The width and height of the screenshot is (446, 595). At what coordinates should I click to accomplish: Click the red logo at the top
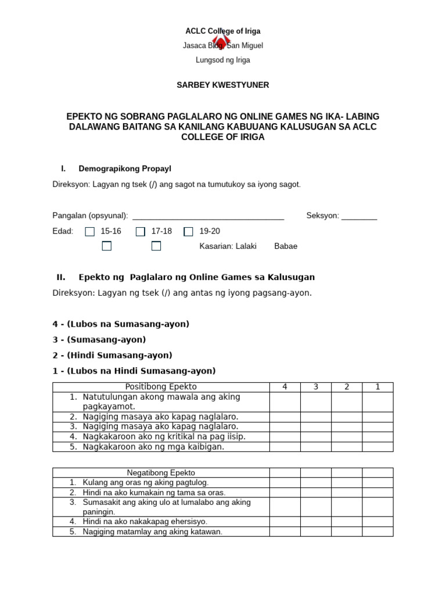tap(221, 37)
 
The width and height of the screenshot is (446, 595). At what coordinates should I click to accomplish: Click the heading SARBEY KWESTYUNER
tap(222, 85)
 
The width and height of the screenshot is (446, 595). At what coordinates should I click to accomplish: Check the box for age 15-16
tap(89, 232)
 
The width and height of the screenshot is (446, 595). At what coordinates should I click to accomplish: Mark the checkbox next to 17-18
tap(140, 232)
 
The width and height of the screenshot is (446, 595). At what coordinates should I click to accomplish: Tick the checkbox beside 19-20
tap(188, 232)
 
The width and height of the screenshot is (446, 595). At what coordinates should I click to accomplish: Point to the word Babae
tap(285, 246)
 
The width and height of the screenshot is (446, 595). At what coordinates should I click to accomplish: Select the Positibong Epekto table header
tap(161, 387)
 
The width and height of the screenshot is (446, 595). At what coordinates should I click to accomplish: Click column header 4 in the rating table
tap(285, 387)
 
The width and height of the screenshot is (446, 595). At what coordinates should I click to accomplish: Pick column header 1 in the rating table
tap(377, 387)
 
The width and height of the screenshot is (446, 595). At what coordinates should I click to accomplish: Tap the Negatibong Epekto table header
tap(161, 473)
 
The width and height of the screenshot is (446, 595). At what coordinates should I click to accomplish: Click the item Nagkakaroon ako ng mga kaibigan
tap(153, 447)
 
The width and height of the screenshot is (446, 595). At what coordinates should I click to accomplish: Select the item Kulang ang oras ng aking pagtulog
tap(145, 482)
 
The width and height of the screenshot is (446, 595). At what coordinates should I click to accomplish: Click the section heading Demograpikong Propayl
tap(125, 169)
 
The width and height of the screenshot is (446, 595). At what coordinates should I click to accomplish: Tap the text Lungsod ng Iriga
tap(224, 60)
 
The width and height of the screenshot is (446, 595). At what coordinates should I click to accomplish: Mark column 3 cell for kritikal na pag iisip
tap(315, 437)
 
